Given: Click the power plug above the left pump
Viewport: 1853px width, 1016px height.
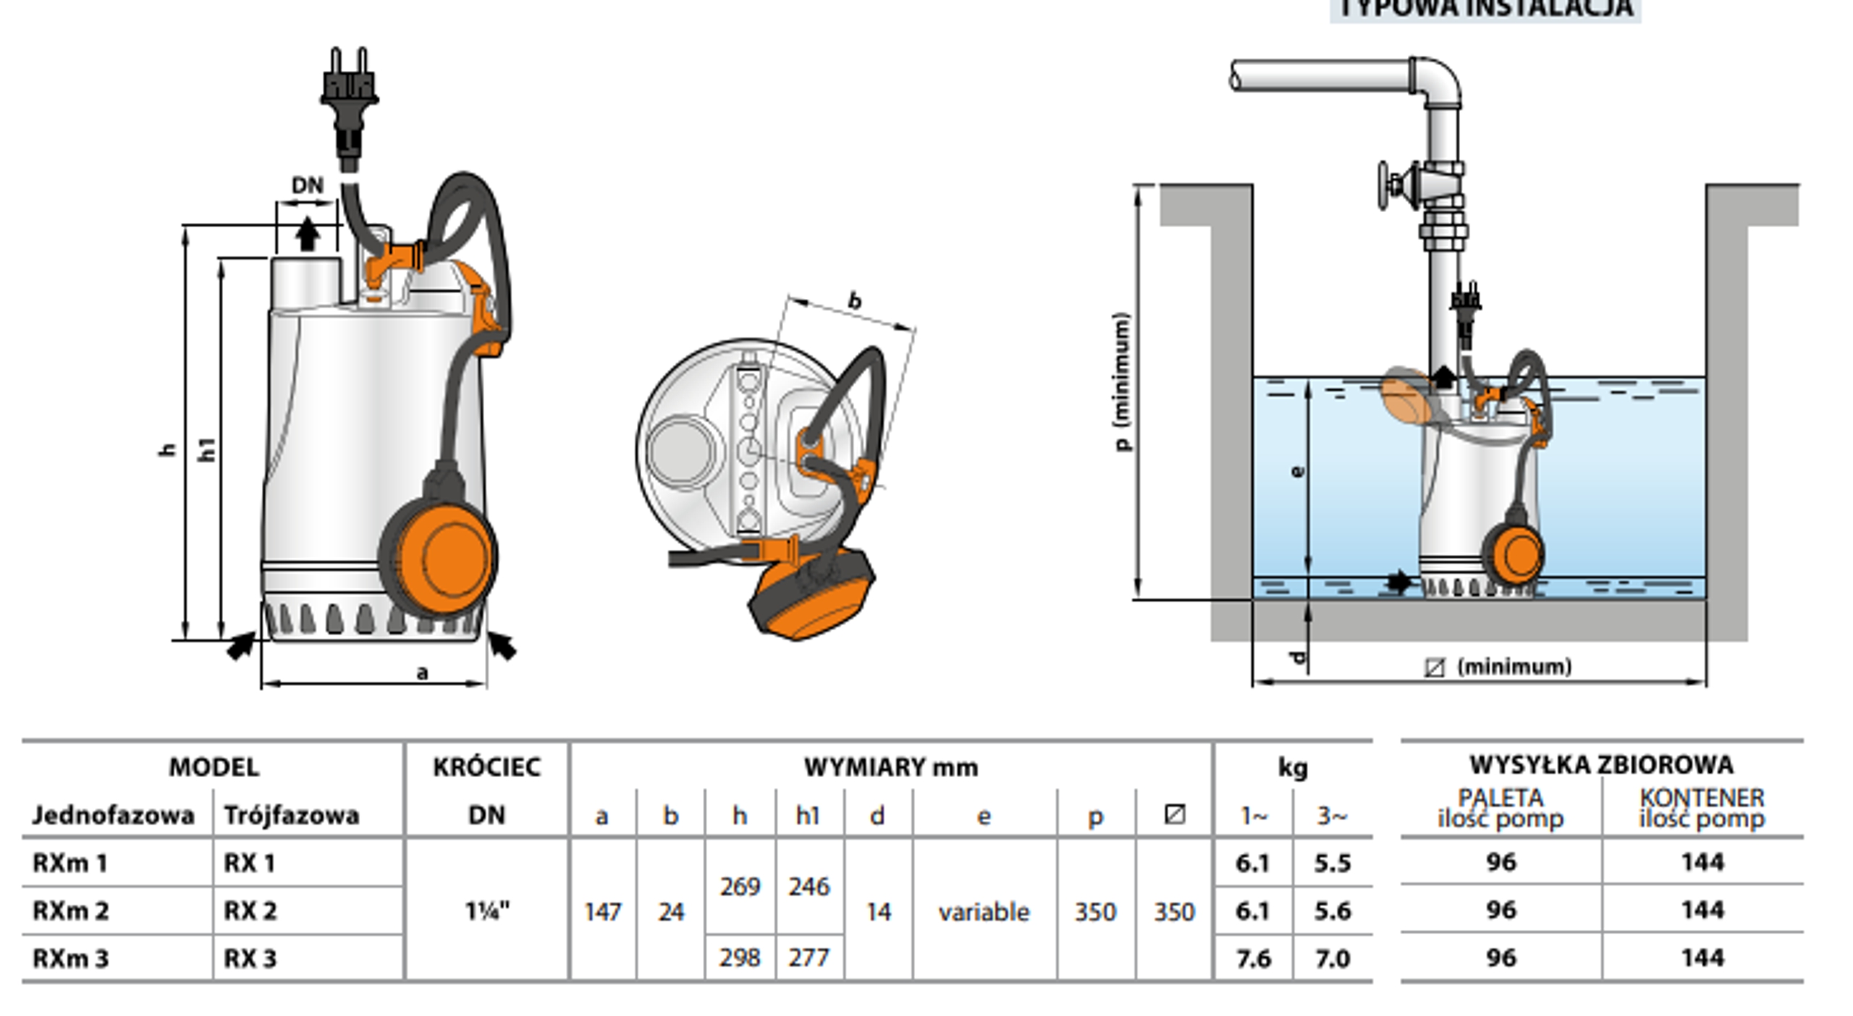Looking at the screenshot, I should point(349,90).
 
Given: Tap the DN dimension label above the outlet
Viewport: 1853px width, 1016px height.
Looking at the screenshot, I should point(308,185).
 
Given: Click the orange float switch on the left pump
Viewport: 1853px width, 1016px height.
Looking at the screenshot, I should point(443,556).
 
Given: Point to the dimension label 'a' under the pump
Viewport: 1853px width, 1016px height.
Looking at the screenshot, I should point(422,673).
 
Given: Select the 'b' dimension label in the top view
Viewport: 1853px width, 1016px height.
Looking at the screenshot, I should point(855,300).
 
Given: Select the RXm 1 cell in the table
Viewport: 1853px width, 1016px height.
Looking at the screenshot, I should point(70,863).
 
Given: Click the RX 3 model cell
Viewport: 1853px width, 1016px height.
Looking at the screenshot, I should point(250,958).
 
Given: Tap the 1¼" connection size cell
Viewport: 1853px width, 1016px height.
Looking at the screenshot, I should point(487,910).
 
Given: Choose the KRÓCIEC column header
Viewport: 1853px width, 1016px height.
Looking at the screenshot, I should point(486,767).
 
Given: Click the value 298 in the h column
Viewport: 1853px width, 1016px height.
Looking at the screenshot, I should point(740,958).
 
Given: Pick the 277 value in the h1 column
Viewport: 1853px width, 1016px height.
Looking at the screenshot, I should point(809,958).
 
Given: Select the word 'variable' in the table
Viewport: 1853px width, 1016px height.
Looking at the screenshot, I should point(984,912).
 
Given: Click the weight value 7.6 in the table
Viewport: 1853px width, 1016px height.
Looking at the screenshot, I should point(1253,958).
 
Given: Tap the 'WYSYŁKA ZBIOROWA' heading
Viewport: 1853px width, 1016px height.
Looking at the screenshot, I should point(1601,764).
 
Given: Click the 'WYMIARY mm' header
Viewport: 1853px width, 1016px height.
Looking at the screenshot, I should point(890,767).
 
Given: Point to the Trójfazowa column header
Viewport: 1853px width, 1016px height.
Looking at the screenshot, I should point(291,816).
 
